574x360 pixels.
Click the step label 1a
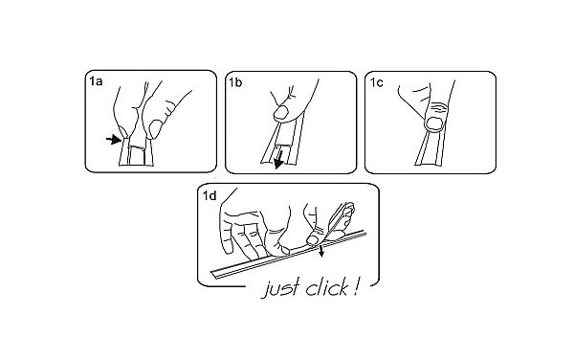click(x=96, y=81)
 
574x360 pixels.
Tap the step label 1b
click(x=235, y=82)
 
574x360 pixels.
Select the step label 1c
click(x=377, y=82)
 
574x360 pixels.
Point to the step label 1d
click(x=210, y=195)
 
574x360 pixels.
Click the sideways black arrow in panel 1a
click(x=114, y=139)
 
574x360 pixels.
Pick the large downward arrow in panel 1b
click(x=279, y=157)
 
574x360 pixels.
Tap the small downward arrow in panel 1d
click(x=321, y=251)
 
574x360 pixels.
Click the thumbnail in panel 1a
click(x=156, y=129)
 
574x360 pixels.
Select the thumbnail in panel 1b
click(x=281, y=113)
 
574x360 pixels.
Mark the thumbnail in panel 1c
click(x=435, y=124)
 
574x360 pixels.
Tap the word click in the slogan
click(x=326, y=286)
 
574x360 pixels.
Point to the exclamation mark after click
click(x=355, y=286)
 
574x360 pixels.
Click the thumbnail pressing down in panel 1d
click(x=312, y=240)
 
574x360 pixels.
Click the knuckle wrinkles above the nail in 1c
click(x=438, y=108)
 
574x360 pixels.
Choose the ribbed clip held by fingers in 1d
click(x=342, y=216)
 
